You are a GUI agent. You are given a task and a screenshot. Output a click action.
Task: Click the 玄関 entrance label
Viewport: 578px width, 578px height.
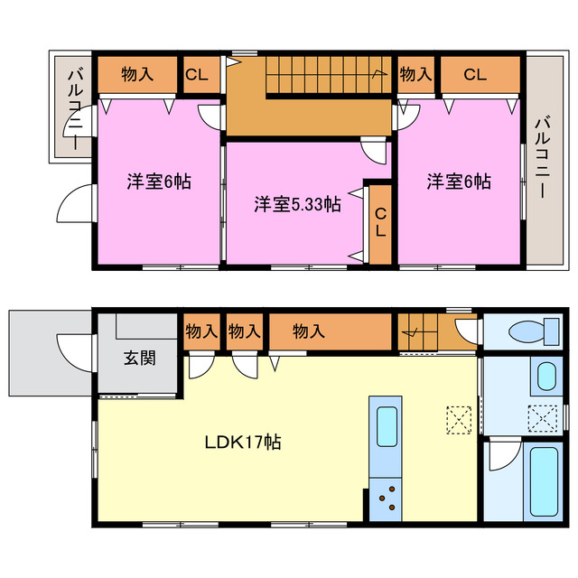(x=138, y=357)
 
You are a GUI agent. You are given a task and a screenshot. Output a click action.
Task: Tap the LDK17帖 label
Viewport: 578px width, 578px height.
(x=241, y=443)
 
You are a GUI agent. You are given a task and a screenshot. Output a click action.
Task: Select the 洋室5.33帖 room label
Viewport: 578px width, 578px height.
(x=297, y=204)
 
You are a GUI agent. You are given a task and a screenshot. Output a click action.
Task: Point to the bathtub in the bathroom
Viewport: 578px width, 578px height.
(x=545, y=479)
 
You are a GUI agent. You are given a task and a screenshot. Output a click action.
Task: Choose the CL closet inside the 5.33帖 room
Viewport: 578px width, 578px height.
(x=380, y=221)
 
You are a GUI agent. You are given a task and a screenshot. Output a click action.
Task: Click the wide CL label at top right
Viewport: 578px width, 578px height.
(x=475, y=75)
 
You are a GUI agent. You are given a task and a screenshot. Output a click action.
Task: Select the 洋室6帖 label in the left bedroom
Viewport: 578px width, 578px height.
(x=158, y=182)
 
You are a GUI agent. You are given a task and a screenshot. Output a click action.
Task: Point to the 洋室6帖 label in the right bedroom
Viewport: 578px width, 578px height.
(x=459, y=182)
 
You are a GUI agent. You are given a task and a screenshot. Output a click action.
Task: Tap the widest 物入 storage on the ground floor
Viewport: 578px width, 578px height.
(x=308, y=331)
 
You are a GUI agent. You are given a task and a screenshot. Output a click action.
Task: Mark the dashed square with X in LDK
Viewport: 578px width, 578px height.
(x=459, y=420)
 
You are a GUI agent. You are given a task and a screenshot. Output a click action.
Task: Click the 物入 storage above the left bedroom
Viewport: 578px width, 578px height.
(x=136, y=75)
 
